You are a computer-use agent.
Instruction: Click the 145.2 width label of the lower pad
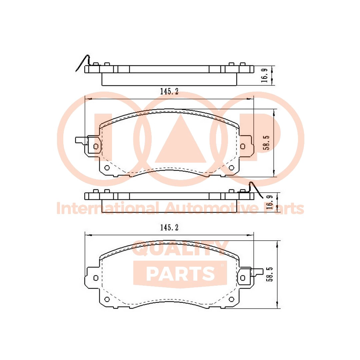click(x=169, y=228)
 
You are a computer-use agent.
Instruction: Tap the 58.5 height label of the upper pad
click(x=266, y=143)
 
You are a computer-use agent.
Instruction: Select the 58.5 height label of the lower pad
click(x=270, y=274)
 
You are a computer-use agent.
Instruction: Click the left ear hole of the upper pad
click(x=96, y=146)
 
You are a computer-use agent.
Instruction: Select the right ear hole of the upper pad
click(x=243, y=146)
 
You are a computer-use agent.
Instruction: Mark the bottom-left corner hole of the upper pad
click(x=107, y=168)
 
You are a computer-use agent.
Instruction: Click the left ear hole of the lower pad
click(x=96, y=278)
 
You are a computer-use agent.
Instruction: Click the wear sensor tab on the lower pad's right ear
click(x=257, y=272)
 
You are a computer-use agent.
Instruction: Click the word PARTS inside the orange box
click(x=180, y=274)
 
